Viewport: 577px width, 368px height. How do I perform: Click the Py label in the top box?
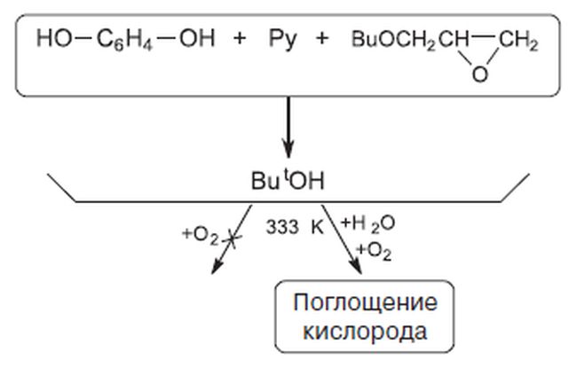click(x=282, y=39)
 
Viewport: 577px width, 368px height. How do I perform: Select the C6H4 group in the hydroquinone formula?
click(x=124, y=40)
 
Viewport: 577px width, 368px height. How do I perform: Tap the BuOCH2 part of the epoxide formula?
click(x=393, y=40)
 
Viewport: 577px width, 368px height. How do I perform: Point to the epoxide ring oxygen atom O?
click(x=480, y=74)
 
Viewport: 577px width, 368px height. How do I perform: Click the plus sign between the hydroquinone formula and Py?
click(x=240, y=38)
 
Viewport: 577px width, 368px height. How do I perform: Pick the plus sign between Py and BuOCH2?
click(x=321, y=38)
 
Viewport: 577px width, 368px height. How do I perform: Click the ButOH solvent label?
click(x=288, y=181)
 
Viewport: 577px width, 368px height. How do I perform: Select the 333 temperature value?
click(x=282, y=227)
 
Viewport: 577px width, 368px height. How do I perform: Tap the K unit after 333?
click(x=317, y=227)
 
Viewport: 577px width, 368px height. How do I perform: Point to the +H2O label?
click(x=368, y=223)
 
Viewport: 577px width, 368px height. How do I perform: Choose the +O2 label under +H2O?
click(x=374, y=252)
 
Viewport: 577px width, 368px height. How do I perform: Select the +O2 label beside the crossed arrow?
click(x=201, y=236)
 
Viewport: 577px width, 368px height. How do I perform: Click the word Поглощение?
click(x=365, y=303)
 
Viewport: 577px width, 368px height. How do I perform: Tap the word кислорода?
click(x=365, y=332)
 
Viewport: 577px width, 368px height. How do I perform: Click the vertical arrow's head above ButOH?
click(x=288, y=149)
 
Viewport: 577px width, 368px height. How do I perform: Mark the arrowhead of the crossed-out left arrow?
click(x=217, y=266)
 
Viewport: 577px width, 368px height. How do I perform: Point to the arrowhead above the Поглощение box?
click(x=356, y=267)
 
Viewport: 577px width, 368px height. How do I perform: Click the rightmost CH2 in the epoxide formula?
click(x=519, y=40)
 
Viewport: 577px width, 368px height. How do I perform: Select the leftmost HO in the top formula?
click(x=54, y=38)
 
